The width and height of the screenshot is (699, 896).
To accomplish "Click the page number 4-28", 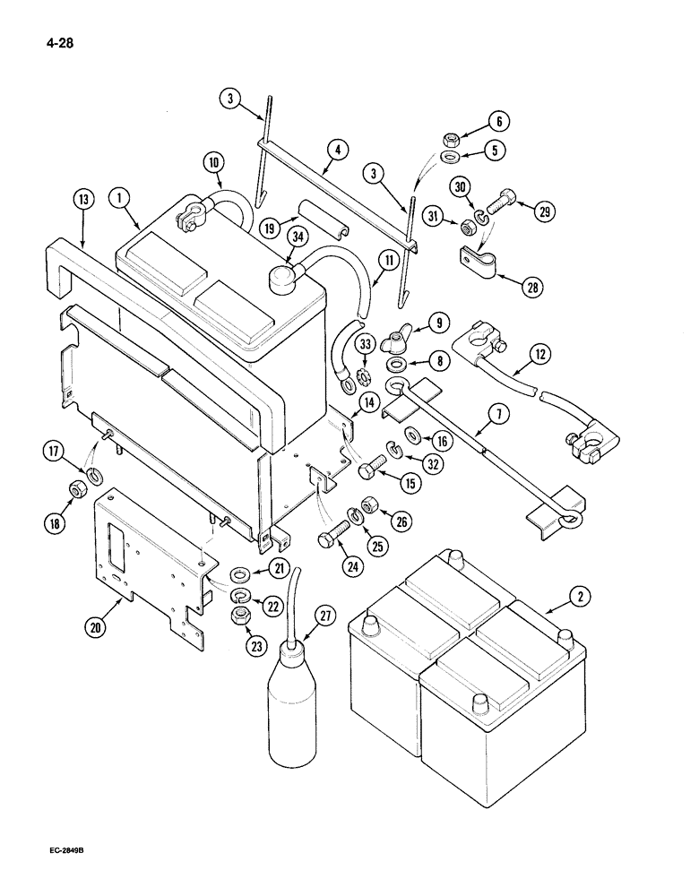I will pos(54,40).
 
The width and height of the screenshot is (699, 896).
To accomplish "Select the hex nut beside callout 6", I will pos(453,140).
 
